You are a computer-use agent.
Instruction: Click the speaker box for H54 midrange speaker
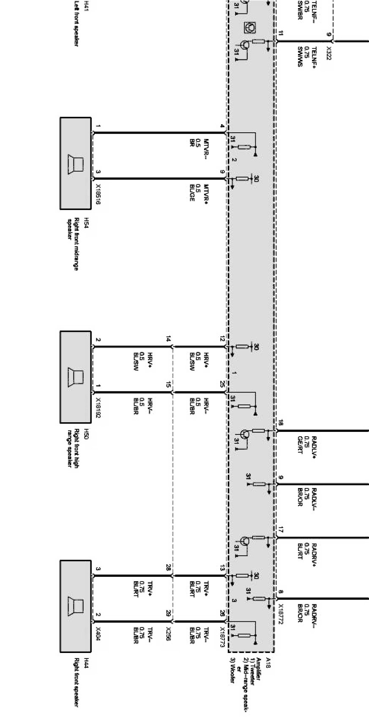(x=75, y=163)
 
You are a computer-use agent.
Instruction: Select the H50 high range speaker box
(x=75, y=377)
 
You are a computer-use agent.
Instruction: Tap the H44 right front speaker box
(x=75, y=606)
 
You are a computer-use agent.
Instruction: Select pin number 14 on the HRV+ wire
(x=168, y=339)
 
